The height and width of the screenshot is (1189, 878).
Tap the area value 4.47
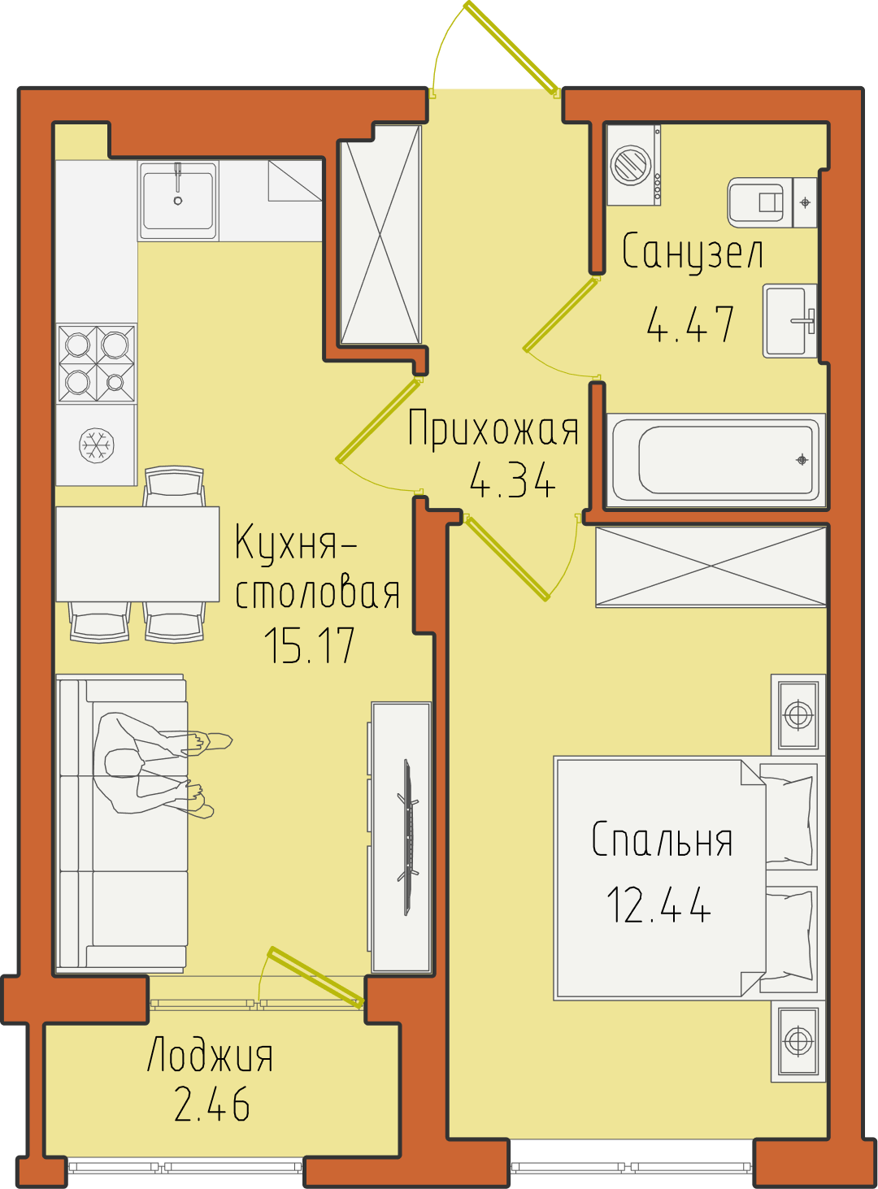[689, 323]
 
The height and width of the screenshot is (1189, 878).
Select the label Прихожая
[493, 428]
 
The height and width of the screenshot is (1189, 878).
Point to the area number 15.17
[310, 646]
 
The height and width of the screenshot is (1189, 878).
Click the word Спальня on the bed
[662, 840]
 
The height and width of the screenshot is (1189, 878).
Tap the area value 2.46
[212, 1104]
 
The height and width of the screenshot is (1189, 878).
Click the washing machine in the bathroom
[632, 165]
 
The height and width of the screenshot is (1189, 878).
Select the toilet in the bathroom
[772, 202]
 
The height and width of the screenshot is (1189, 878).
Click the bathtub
[715, 459]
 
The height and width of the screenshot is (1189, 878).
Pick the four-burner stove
[97, 363]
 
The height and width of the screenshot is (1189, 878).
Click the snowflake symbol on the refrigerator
[97, 445]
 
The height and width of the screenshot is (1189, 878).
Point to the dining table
[138, 553]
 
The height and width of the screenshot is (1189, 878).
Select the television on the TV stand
[408, 837]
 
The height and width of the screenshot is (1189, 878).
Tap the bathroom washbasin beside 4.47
[789, 320]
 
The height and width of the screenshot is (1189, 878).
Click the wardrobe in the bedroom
[711, 566]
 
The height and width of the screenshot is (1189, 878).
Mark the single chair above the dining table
[174, 486]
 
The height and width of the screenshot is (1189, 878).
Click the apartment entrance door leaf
[511, 49]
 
